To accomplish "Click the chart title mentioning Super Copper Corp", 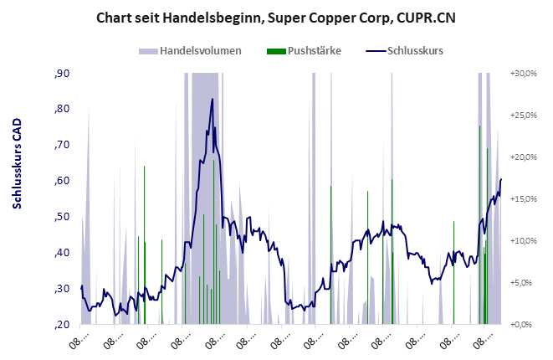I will (276, 17).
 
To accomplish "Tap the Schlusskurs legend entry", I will (415, 51).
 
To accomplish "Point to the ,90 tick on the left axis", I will (62, 74).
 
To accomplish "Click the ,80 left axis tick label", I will (62, 110).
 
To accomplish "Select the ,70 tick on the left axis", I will (62, 146).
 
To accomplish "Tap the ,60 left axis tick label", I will (62, 181).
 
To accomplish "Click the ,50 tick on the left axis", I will (62, 217).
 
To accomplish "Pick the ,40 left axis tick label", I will (62, 253).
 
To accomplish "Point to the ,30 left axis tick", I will (62, 289).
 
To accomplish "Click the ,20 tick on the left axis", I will (62, 324).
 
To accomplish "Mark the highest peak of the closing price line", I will (212, 99).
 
